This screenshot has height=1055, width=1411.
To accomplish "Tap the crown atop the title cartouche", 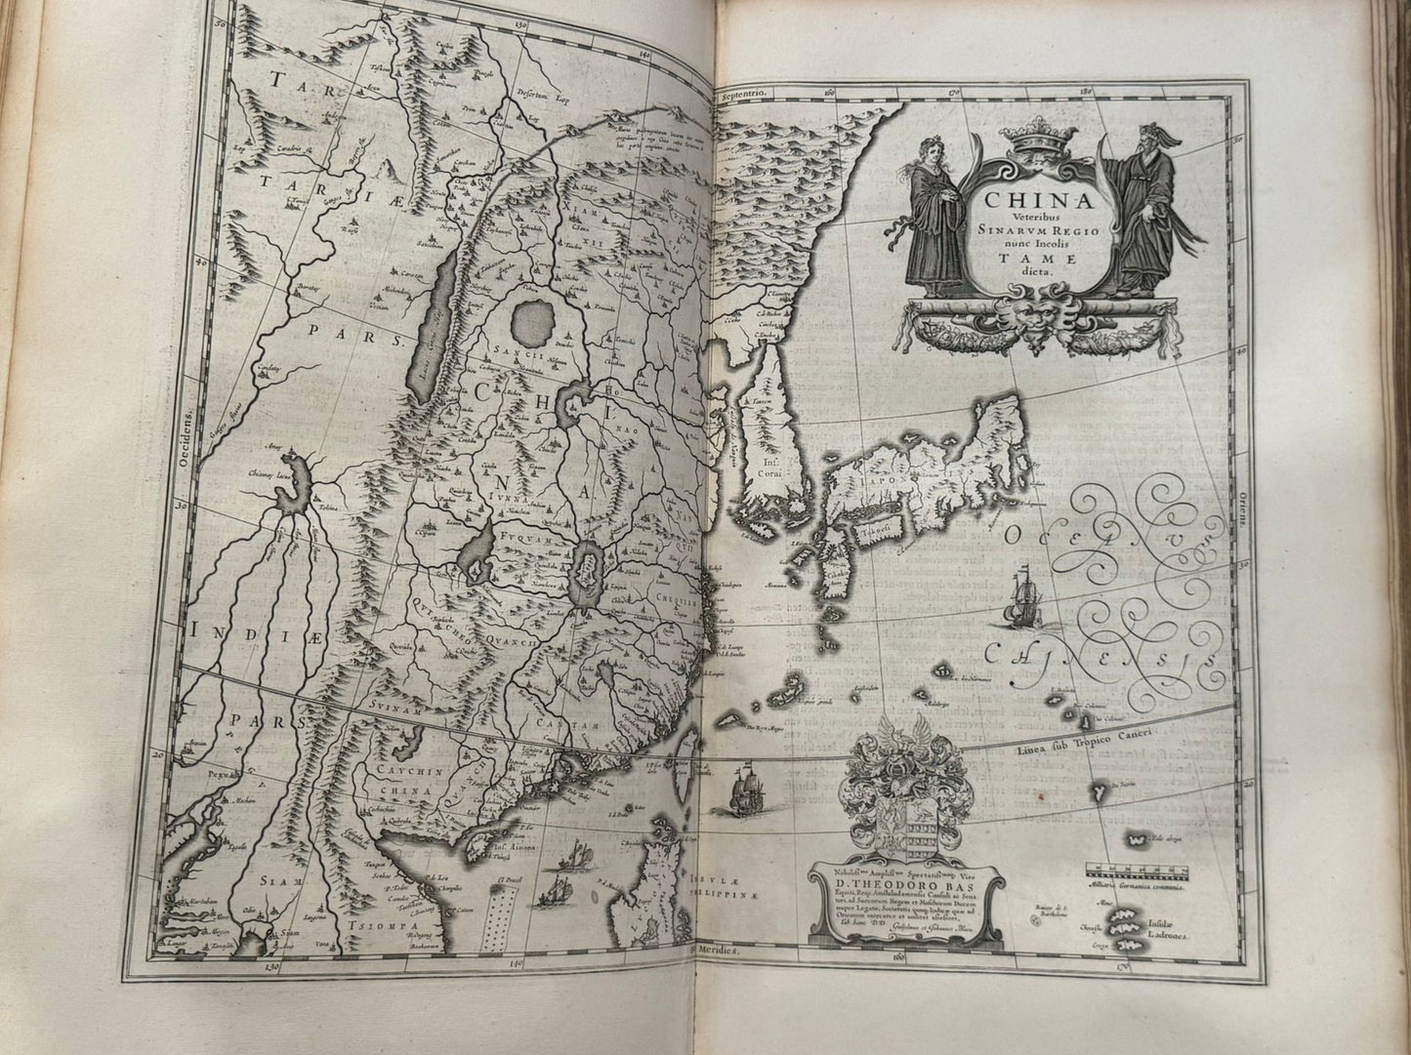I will point(1024,155).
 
